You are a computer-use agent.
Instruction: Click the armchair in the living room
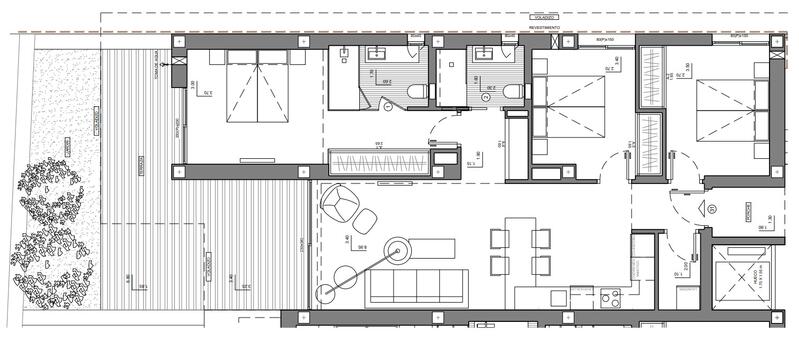pos(339,206)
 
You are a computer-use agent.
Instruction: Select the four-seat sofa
pos(419,286)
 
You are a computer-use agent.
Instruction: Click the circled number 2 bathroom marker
pos(486,98)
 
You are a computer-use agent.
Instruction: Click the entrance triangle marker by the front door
pos(711,209)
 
